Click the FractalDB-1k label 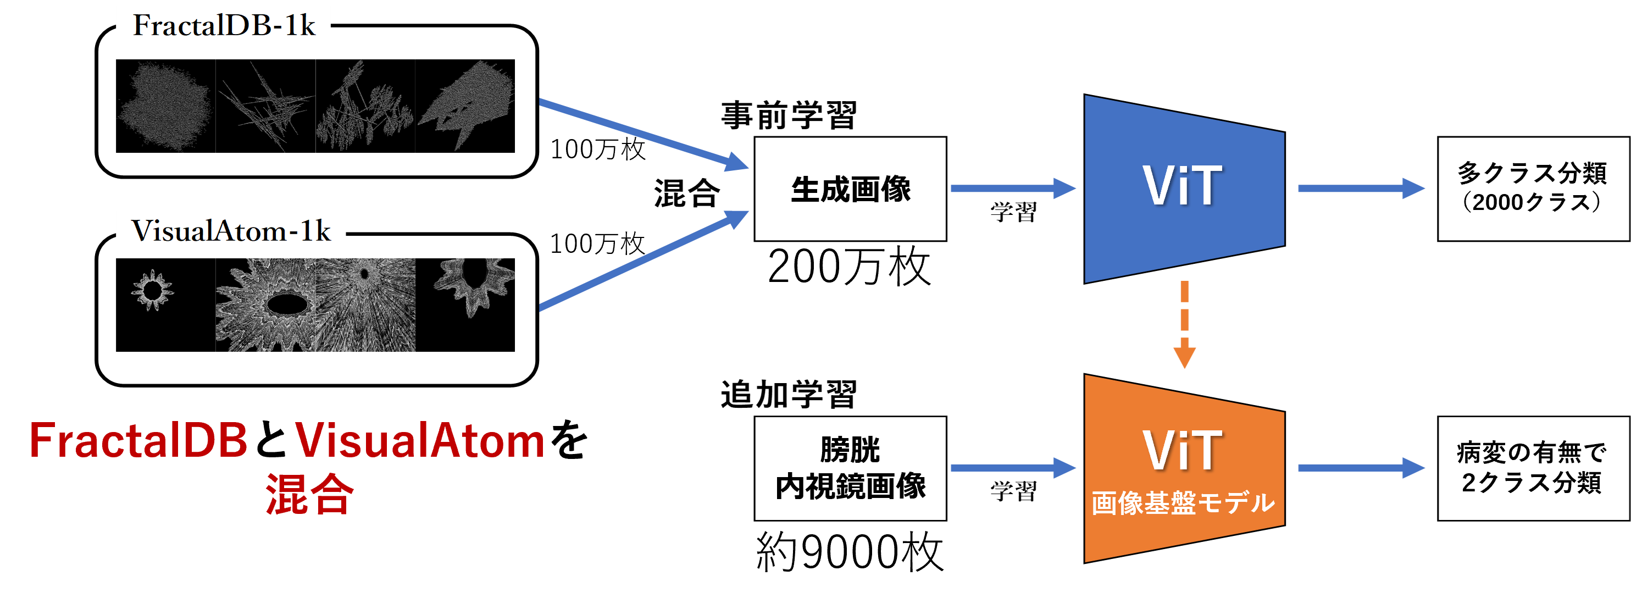[224, 25]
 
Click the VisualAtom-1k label [230, 230]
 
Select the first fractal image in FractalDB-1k [165, 106]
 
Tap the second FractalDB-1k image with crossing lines [265, 106]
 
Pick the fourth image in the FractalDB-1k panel [465, 106]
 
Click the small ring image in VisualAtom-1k [153, 291]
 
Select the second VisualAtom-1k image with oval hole [265, 305]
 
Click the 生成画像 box [850, 189]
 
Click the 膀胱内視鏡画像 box [850, 468]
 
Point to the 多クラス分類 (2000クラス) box [1531, 188]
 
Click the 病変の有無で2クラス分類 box [1531, 468]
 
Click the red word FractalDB [138, 441]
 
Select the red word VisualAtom [420, 441]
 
